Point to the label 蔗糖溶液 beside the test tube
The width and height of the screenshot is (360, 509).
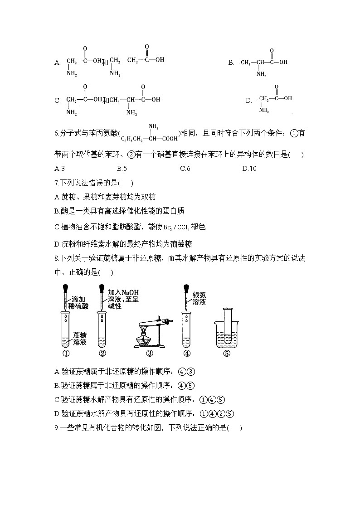click(x=79, y=339)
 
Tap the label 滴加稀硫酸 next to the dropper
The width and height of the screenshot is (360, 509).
click(x=79, y=303)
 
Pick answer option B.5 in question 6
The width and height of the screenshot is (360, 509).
click(x=122, y=169)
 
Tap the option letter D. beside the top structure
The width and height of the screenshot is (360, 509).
click(x=248, y=101)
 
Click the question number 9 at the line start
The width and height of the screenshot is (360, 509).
click(x=56, y=427)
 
